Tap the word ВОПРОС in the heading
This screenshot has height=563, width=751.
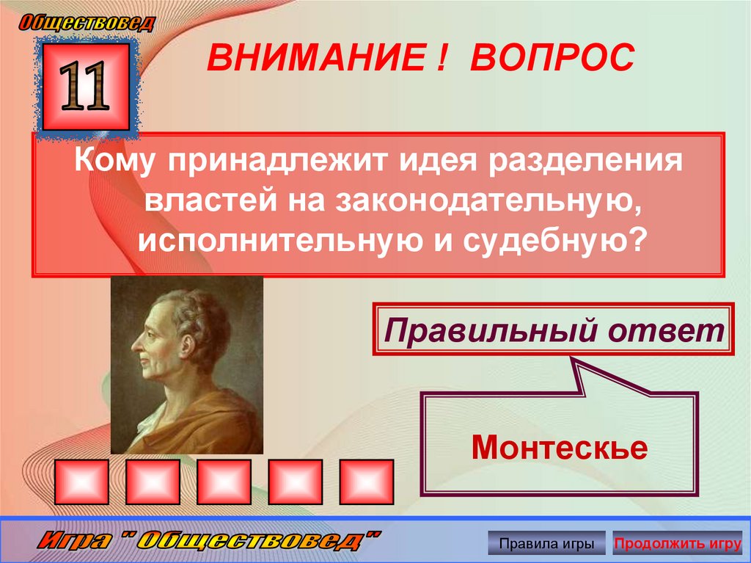tap(552, 58)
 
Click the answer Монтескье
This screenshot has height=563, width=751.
tap(559, 446)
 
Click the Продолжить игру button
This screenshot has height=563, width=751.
tap(677, 544)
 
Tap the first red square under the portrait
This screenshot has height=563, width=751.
tap(81, 482)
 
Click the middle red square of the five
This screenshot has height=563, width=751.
tap(224, 482)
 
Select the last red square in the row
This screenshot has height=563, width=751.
tap(366, 482)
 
